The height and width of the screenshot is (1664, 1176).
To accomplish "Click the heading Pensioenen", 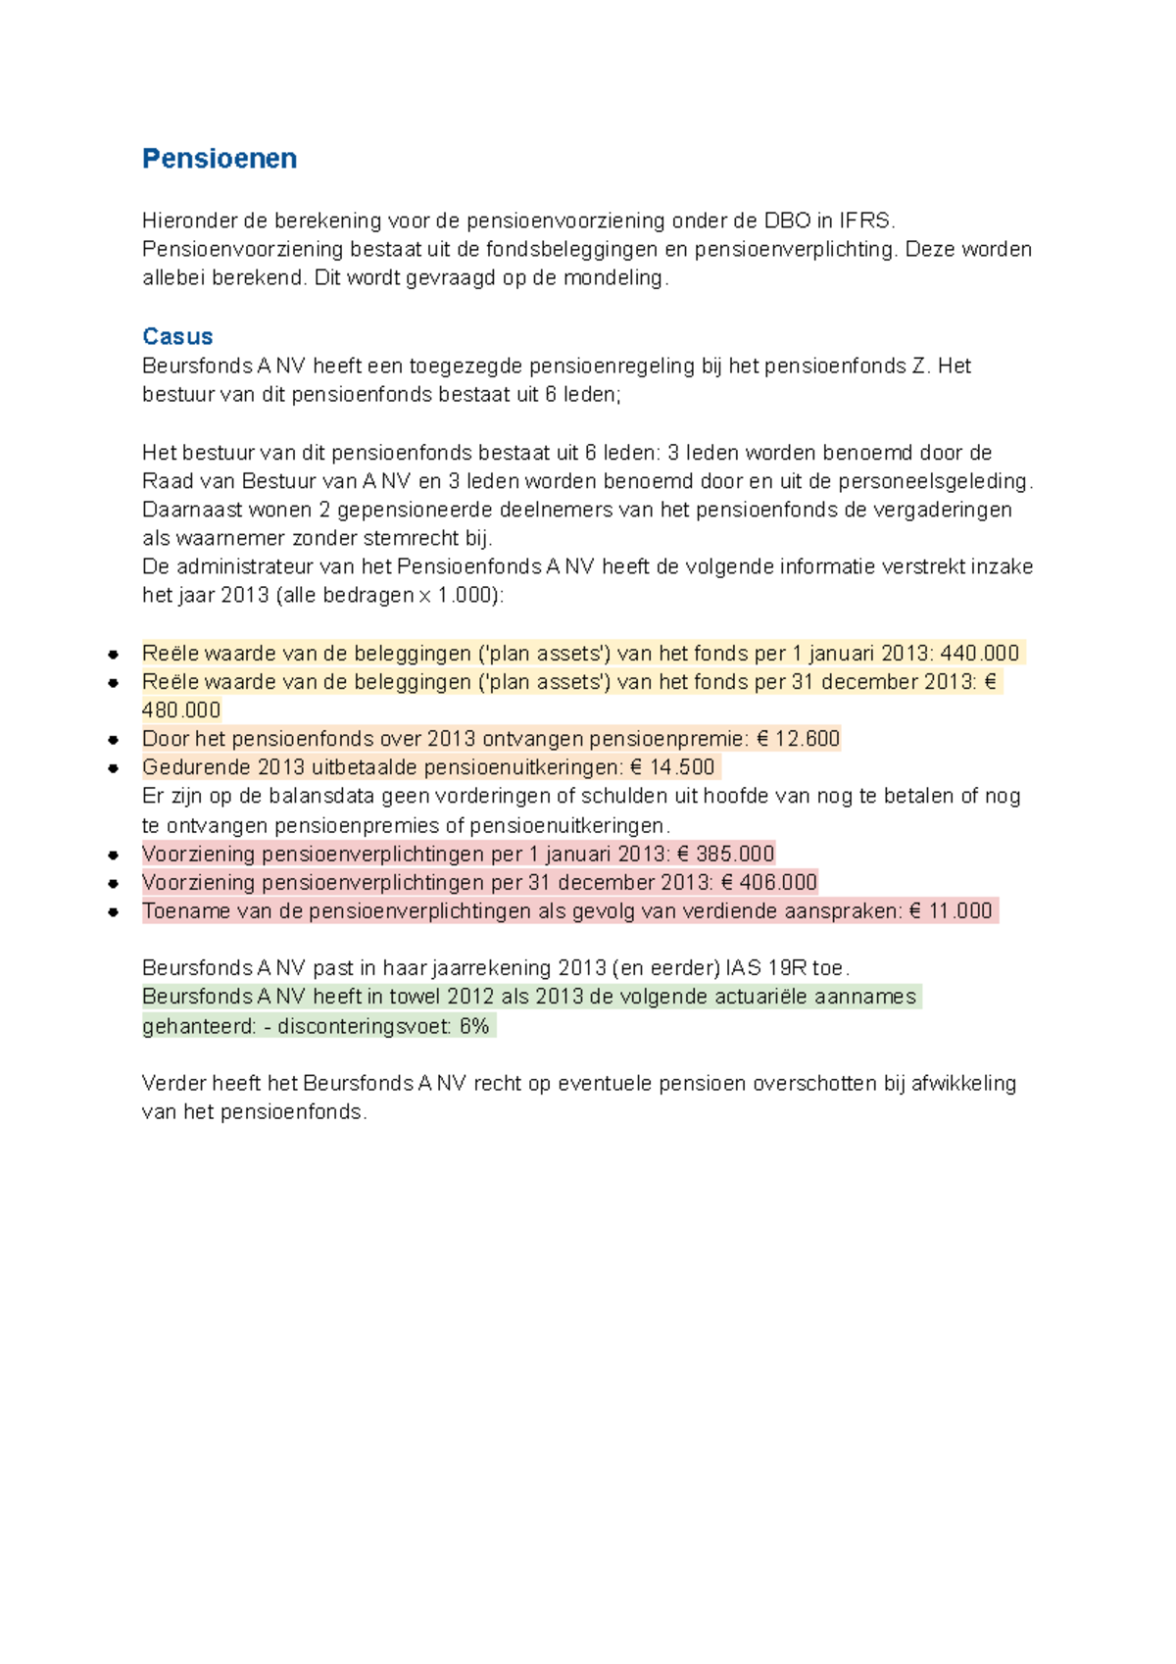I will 220,159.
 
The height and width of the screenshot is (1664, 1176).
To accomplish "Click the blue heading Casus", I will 177,336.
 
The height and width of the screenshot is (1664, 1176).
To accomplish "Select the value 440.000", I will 979,654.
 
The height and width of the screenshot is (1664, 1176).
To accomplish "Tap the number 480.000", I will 181,710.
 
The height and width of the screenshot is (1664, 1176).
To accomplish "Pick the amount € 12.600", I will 798,739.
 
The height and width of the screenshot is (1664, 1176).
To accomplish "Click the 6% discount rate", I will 474,1027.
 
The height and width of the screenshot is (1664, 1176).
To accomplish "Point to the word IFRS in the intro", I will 865,220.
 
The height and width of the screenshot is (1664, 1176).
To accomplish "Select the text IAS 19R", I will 766,968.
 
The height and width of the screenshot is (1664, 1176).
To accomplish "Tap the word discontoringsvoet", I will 365,1027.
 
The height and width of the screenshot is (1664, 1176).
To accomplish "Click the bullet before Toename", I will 114,911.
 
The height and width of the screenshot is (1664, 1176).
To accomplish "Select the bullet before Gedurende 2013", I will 114,768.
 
